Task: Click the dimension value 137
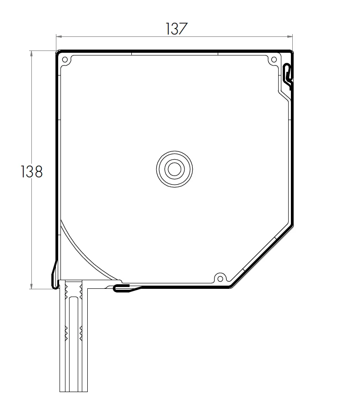pos(176,29)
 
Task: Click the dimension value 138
pos(31,171)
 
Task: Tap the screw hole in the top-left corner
pos(65,60)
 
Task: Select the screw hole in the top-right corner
pos(273,60)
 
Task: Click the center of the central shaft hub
pos(173,169)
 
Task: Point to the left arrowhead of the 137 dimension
pos(59,37)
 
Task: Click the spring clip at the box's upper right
pos(288,74)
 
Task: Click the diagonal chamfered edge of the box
pos(261,255)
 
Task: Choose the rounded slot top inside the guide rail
pos(73,298)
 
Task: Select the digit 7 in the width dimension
pos(183,29)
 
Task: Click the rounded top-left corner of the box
pos(58,52)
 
